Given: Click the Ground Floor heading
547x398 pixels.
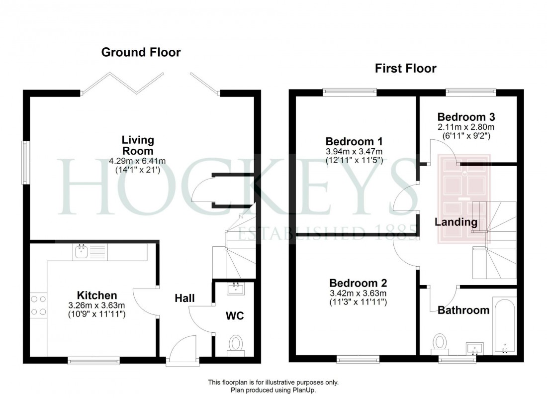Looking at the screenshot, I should [x=141, y=52].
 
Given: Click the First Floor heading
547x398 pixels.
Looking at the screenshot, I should [x=405, y=68].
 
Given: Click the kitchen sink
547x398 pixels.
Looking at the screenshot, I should [x=82, y=252].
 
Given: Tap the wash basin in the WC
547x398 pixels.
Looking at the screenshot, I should [x=236, y=288].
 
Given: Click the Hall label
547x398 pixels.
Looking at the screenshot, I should [x=184, y=298].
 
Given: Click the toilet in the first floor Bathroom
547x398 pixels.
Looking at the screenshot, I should [x=439, y=343].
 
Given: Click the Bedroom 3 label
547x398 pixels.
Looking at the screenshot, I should [x=466, y=117].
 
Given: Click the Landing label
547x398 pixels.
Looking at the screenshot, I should [x=456, y=222].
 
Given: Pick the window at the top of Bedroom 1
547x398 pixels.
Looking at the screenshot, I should [x=350, y=92].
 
